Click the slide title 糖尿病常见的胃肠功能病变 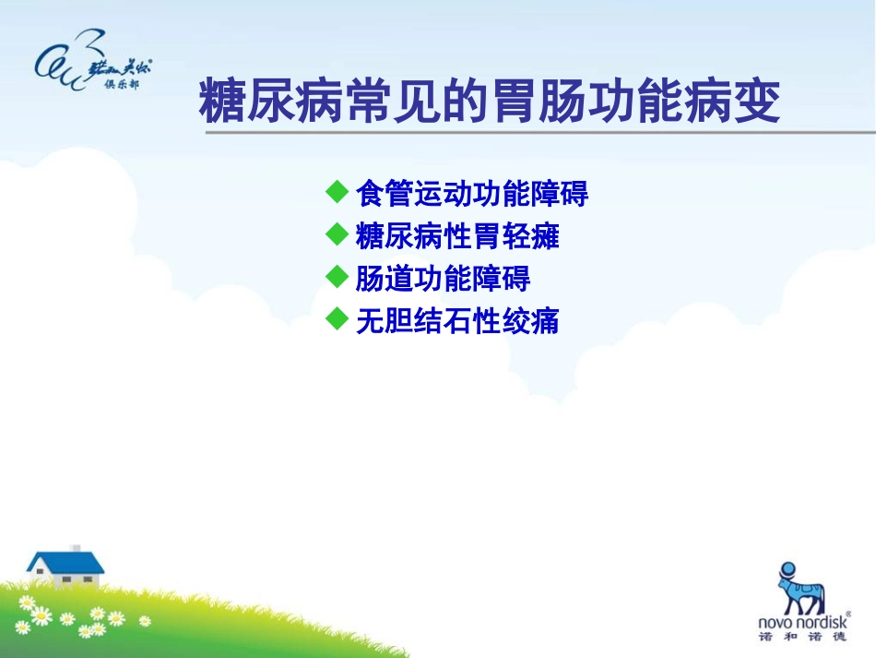point(490,102)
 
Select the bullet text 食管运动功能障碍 point(471,194)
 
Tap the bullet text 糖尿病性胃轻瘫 point(457,236)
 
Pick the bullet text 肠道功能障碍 point(443,279)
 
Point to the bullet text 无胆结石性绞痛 point(457,321)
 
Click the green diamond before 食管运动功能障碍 point(337,192)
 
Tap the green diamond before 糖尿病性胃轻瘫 point(337,234)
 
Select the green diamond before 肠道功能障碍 point(337,277)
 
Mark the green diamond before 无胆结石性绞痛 point(337,319)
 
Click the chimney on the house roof point(76,548)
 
